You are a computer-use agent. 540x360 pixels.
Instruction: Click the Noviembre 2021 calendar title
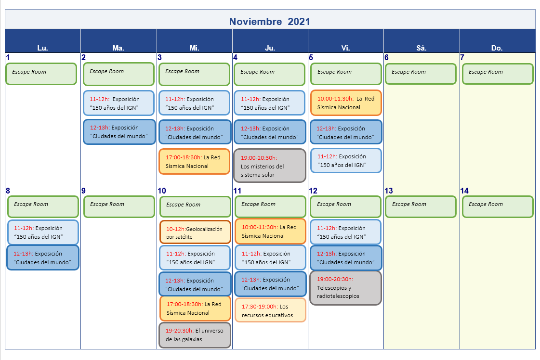tap(270, 21)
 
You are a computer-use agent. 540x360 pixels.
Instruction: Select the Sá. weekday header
tap(421, 48)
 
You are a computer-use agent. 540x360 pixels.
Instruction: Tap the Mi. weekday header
tap(194, 48)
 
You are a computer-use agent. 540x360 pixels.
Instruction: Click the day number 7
tap(462, 57)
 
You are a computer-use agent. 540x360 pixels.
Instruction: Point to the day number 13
tap(388, 191)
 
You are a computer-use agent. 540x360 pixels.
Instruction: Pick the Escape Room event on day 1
tap(41, 74)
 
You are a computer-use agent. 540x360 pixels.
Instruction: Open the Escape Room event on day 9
tap(119, 206)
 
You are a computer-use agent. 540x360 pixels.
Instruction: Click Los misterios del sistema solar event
tap(270, 166)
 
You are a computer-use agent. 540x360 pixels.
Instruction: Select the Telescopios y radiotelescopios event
tap(346, 288)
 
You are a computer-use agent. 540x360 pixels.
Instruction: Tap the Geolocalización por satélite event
tap(195, 232)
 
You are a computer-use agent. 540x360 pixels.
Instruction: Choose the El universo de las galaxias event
tap(195, 335)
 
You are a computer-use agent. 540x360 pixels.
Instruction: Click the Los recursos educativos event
tap(270, 310)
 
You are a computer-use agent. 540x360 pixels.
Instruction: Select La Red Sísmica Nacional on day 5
tap(346, 103)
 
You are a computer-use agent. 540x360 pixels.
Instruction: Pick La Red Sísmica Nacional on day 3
tap(194, 161)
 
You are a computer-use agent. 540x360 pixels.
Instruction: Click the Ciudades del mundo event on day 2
tap(119, 131)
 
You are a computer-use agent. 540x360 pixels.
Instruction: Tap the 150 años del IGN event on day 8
tap(43, 232)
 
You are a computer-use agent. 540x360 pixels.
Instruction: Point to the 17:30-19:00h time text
tap(260, 306)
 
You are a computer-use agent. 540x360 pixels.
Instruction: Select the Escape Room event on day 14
tap(498, 206)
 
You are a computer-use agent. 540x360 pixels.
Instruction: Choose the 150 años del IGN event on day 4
tap(269, 103)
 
